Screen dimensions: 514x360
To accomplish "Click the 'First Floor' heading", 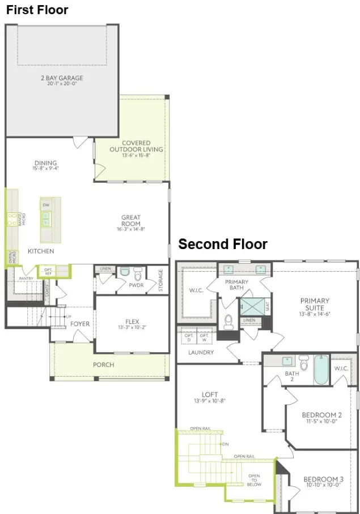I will click(x=37, y=10).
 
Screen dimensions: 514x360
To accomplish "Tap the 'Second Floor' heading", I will click(x=223, y=244).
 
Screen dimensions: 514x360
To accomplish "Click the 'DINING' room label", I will click(x=46, y=165).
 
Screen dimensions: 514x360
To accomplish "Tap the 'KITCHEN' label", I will click(x=41, y=251).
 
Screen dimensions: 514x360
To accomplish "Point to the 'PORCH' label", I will click(x=103, y=364).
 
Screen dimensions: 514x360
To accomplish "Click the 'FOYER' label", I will click(x=80, y=324).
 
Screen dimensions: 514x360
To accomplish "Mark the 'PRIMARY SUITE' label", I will click(x=315, y=304).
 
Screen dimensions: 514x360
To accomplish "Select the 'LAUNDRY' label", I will click(x=201, y=352).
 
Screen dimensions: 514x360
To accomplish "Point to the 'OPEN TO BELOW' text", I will click(x=253, y=480).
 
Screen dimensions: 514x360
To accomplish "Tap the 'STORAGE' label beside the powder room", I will click(x=161, y=280).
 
